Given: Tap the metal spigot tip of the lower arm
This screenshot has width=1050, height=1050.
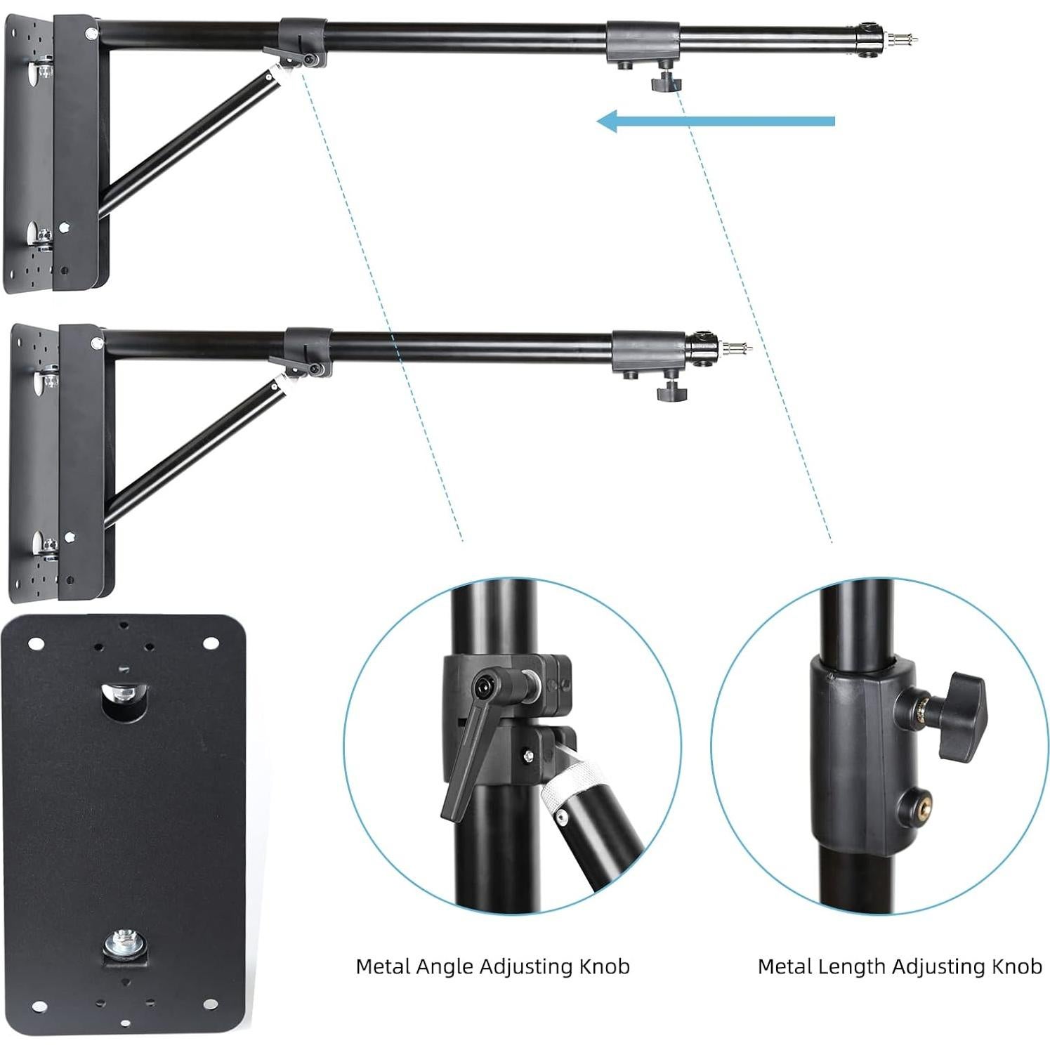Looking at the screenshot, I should pos(741,348).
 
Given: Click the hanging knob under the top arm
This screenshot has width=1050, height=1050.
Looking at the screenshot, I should pos(666,83).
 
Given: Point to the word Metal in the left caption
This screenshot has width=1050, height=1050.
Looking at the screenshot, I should pos(383,967).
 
